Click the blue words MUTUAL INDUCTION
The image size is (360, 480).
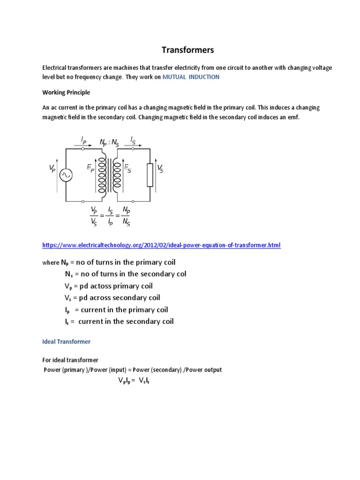tap(191, 77)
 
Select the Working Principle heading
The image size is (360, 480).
tap(66, 92)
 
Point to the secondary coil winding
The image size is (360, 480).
tap(117, 175)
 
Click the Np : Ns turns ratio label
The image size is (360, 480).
tap(109, 142)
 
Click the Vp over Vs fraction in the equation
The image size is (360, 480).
tap(94, 216)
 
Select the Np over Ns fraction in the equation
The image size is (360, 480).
tap(126, 216)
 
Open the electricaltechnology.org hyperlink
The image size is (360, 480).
tap(161, 245)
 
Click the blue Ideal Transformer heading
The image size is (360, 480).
tap(66, 342)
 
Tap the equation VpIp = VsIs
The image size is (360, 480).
tap(133, 381)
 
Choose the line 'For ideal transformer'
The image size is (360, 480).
tap(70, 360)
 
